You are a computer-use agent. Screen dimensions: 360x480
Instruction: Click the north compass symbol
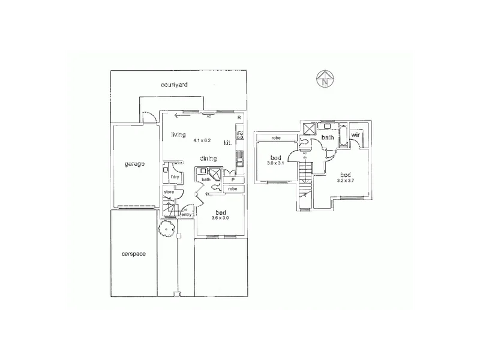(x=325, y=79)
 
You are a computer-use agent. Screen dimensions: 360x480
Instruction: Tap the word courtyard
(x=175, y=85)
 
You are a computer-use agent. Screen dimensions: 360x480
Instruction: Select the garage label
(x=134, y=164)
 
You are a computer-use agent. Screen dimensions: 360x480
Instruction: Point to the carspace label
(x=133, y=254)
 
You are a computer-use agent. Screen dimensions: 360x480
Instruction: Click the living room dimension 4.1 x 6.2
(x=202, y=140)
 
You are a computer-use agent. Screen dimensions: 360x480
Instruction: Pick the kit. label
(x=228, y=143)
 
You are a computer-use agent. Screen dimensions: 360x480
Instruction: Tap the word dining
(x=208, y=158)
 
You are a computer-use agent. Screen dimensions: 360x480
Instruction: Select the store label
(x=169, y=192)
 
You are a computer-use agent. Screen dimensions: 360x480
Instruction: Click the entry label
(x=187, y=214)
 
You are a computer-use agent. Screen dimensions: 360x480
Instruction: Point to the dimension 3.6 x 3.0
(x=220, y=218)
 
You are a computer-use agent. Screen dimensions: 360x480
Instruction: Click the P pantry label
(x=232, y=179)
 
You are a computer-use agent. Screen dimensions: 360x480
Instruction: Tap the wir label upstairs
(x=355, y=136)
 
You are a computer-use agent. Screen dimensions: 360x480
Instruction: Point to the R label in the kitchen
(x=239, y=118)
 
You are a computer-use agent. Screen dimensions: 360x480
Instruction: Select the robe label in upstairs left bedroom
(x=277, y=139)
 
